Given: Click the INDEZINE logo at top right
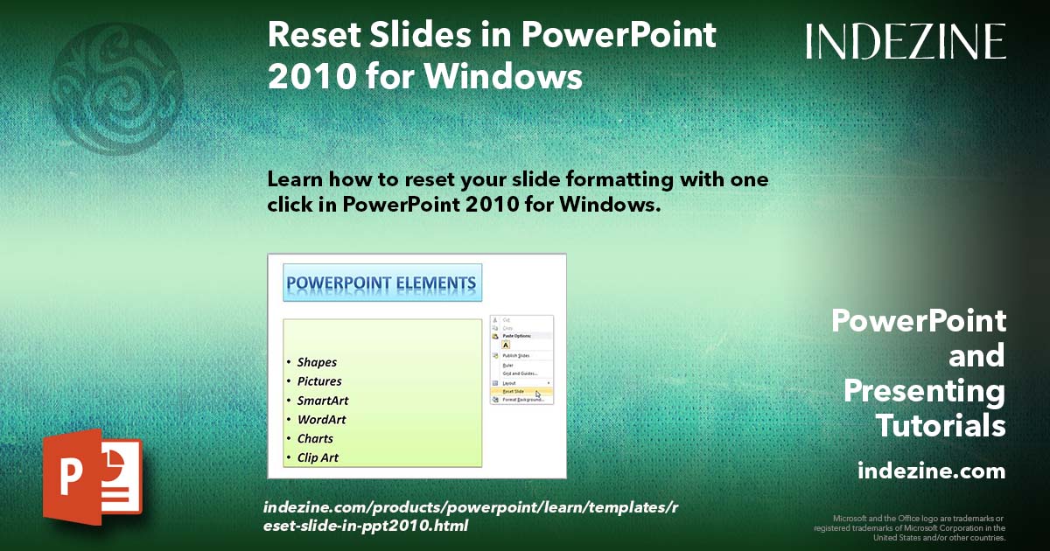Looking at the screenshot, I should point(906,41).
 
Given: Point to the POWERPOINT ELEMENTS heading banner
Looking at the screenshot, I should point(381,283).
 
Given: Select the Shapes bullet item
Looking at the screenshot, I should point(316,362).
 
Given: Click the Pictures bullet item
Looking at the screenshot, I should point(318,381).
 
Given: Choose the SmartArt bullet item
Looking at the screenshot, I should point(322,401).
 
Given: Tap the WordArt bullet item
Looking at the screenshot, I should point(321,420).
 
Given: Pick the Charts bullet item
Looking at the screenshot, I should point(314,439).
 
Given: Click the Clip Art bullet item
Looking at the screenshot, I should point(317,457).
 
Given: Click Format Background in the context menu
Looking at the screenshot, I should point(522,400).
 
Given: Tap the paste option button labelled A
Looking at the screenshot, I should point(506,345).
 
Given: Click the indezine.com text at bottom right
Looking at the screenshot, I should point(931,471).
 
